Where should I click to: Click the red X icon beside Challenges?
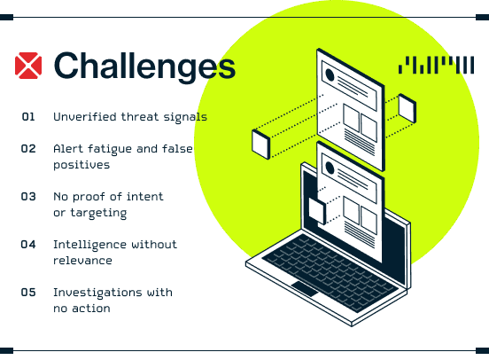pyautogui.click(x=28, y=66)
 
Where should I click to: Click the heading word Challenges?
pyautogui.click(x=144, y=67)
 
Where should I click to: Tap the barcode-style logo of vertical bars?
pyautogui.click(x=437, y=65)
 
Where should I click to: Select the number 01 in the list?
pyautogui.click(x=28, y=117)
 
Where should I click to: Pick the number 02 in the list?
pyautogui.click(x=28, y=149)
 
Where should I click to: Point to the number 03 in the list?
pyautogui.click(x=28, y=196)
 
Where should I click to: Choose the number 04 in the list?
pyautogui.click(x=28, y=244)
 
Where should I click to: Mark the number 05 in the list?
pyautogui.click(x=28, y=293)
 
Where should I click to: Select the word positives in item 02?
pyautogui.click(x=81, y=165)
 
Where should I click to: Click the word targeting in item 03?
pyautogui.click(x=98, y=214)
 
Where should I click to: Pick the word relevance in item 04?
pyautogui.click(x=82, y=261)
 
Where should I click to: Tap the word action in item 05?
pyautogui.click(x=91, y=309)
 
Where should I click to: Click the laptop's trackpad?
pyautogui.click(x=305, y=289)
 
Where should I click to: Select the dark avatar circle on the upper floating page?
pyautogui.click(x=330, y=75)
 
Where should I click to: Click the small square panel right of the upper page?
pyautogui.click(x=407, y=108)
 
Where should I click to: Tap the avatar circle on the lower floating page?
pyautogui.click(x=330, y=168)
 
